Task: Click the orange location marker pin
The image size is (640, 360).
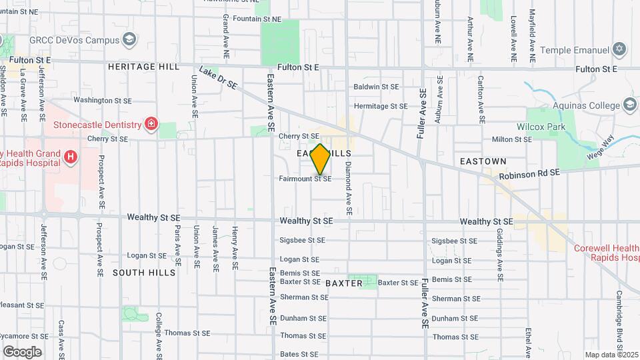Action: pyautogui.click(x=320, y=159)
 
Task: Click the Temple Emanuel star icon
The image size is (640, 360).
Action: pyautogui.click(x=619, y=50)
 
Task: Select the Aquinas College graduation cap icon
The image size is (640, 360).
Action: pyautogui.click(x=630, y=105)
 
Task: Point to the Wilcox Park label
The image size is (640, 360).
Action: pyautogui.click(x=541, y=126)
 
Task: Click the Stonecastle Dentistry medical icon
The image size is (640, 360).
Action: pyautogui.click(x=151, y=124)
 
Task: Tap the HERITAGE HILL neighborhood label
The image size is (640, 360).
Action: pyautogui.click(x=143, y=67)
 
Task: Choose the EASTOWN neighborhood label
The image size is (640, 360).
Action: pyautogui.click(x=483, y=161)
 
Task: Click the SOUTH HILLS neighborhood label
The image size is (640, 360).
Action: pyautogui.click(x=144, y=273)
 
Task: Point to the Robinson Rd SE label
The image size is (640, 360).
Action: pyautogui.click(x=529, y=175)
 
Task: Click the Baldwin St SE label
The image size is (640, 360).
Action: pyautogui.click(x=376, y=87)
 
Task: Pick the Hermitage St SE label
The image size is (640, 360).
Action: pyautogui.click(x=380, y=106)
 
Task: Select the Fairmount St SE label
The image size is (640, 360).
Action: pyautogui.click(x=305, y=179)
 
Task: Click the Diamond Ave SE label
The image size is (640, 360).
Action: pyautogui.click(x=348, y=193)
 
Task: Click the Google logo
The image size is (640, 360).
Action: pyautogui.click(x=22, y=352)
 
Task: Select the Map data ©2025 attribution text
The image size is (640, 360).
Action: pyautogui.click(x=611, y=355)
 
